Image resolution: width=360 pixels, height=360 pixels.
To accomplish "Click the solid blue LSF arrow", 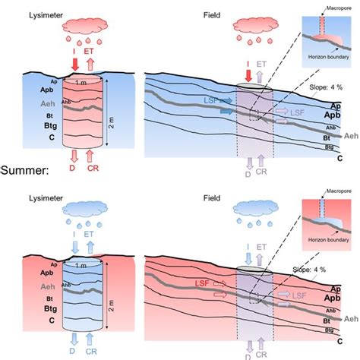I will pyautogui.click(x=225, y=111).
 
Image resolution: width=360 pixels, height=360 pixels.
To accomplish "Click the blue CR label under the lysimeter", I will pyautogui.click(x=90, y=350).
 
